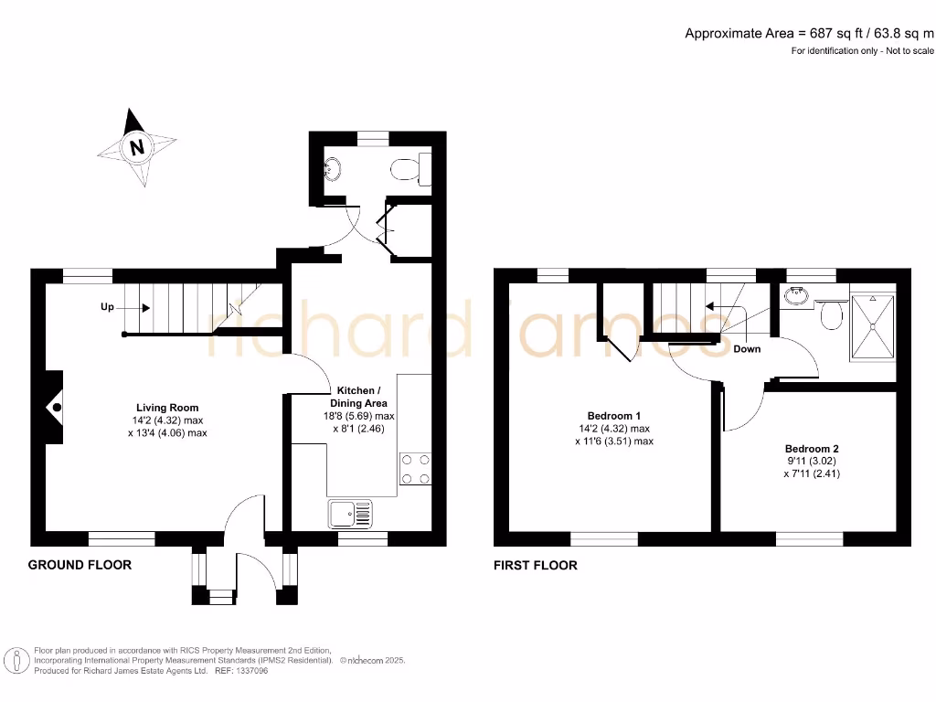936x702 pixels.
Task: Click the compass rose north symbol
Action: pos(137,147)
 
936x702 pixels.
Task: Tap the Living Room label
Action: pos(167,408)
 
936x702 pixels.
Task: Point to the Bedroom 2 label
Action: pos(811,449)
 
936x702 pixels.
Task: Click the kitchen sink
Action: pos(348,514)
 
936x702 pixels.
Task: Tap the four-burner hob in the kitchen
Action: pos(415,468)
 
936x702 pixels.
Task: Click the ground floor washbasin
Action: pos(333,168)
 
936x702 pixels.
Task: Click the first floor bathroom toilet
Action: pos(831,315)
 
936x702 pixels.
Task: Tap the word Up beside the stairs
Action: pos(107,307)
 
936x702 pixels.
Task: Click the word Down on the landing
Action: pos(746,348)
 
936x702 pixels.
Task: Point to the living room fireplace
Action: pos(55,407)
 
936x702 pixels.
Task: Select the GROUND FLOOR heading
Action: pos(80,565)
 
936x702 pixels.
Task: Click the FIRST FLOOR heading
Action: pos(535,565)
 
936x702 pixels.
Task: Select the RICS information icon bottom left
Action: pos(16,660)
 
